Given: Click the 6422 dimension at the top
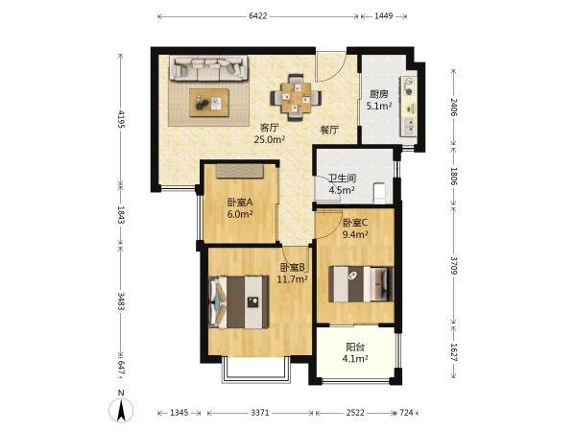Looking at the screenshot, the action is (258, 16).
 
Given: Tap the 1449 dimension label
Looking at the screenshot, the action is (383, 16).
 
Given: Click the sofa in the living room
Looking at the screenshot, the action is (208, 68).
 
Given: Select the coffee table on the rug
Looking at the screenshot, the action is (209, 103).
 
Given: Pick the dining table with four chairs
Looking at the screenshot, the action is (296, 97).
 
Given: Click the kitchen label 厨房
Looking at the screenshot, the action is (379, 94).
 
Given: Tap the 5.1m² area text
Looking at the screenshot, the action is (379, 107).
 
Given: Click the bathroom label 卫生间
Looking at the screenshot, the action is (343, 179).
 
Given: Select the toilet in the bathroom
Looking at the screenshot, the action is (379, 193).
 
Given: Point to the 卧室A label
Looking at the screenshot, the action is (240, 202).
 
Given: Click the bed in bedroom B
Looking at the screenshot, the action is (238, 302).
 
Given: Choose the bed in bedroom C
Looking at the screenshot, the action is (361, 284).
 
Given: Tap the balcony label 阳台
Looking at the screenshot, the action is (355, 347).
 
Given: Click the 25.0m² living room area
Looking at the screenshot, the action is (270, 139).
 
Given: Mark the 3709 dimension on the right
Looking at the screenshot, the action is (454, 266).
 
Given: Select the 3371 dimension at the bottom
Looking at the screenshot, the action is (260, 413).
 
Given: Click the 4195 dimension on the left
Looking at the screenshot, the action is (121, 118).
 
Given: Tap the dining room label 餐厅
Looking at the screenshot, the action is (329, 130).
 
